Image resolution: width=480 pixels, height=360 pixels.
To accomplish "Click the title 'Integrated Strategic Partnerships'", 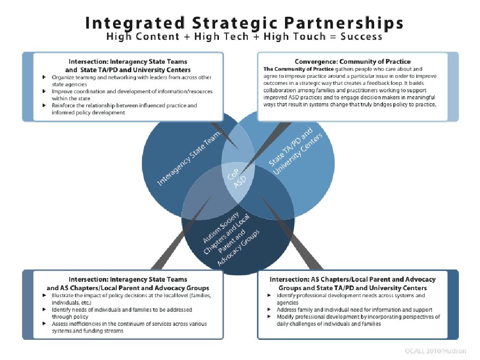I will (x=244, y=22).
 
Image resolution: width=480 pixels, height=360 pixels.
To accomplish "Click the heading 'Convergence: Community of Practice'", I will (x=352, y=61).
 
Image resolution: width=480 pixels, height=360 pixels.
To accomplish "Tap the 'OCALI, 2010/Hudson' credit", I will (x=436, y=351).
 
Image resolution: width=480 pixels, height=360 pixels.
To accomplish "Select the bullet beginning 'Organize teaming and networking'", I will (x=131, y=80).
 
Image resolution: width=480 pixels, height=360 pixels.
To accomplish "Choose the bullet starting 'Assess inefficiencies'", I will (x=129, y=327).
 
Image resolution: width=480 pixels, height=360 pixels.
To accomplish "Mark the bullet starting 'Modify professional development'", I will (x=358, y=320).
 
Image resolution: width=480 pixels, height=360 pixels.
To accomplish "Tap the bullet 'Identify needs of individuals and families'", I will (x=122, y=313).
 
